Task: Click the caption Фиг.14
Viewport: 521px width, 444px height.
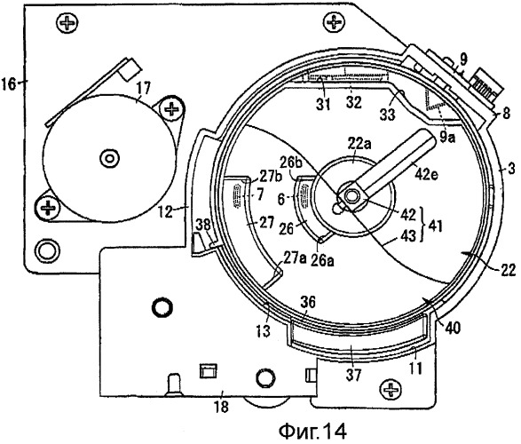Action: [x=312, y=431]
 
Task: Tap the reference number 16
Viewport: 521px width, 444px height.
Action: [x=8, y=83]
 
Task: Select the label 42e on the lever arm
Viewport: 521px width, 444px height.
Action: [x=426, y=173]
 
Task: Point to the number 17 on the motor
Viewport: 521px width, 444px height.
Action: [x=143, y=89]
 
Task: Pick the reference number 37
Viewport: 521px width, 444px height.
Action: [x=353, y=376]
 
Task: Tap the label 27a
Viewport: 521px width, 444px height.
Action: [x=295, y=258]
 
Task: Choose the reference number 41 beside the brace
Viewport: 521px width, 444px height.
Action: [x=435, y=226]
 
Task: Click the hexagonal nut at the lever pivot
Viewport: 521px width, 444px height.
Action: [x=351, y=197]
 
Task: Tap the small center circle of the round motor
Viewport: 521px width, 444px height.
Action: [x=110, y=158]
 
